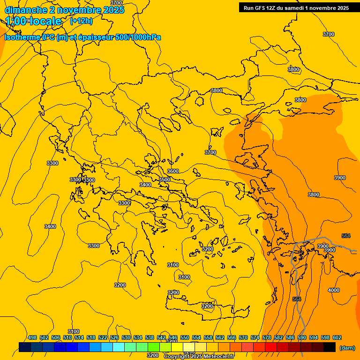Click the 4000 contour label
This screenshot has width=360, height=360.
pos(333,290)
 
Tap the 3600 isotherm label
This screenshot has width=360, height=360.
pos(173,171)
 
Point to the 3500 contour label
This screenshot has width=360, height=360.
pos(165,180)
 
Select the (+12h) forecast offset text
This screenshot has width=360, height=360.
pos(81,21)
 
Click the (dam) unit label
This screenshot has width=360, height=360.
pos(347,348)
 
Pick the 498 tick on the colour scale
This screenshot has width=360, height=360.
pos(32,337)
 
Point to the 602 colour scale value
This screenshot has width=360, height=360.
pos(337,337)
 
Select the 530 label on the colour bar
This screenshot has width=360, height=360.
pos(126,337)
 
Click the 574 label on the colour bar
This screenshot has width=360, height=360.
pos(255,337)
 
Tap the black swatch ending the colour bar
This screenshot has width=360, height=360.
pos(330,347)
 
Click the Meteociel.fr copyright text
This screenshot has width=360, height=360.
pos(199,356)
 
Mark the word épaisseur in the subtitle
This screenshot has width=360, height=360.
pos(93,37)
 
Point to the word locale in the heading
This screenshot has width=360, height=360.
pos(46,21)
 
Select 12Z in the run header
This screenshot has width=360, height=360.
pos(271,8)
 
